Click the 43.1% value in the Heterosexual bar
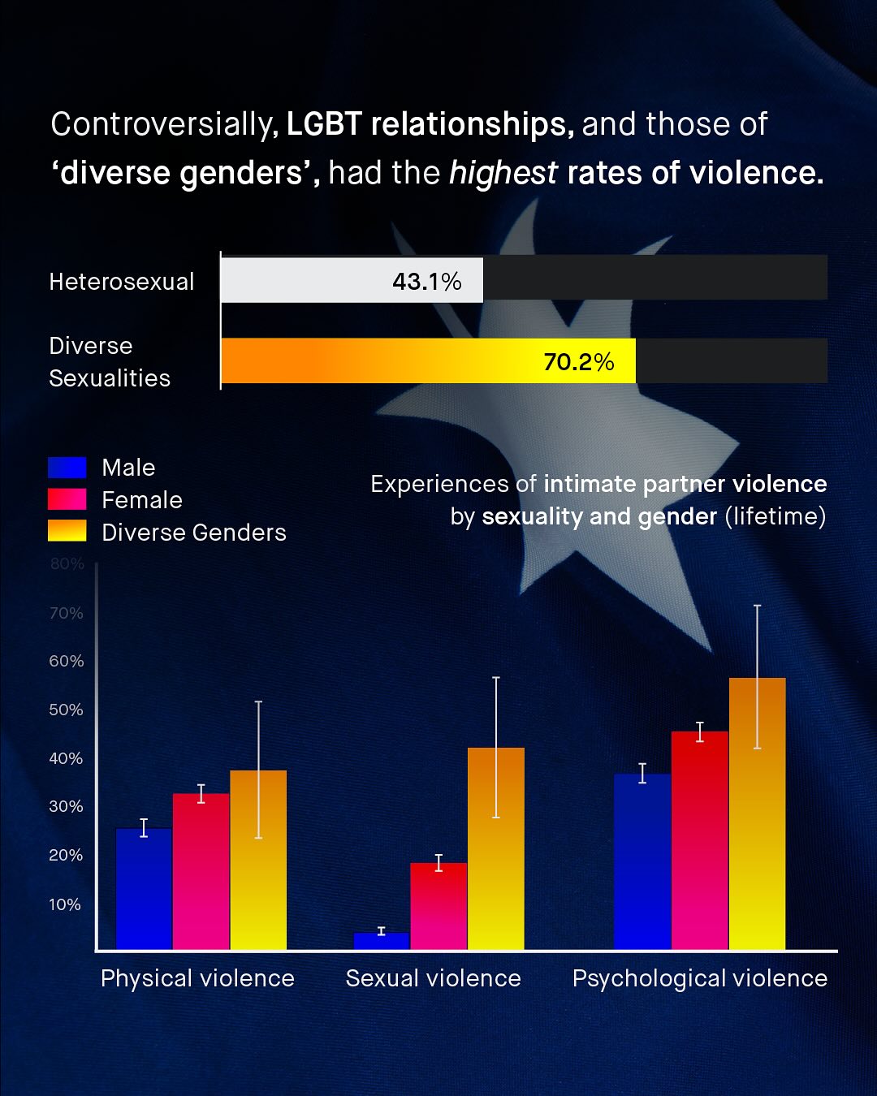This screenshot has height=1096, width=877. tap(426, 281)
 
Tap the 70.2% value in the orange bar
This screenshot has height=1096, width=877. tap(578, 361)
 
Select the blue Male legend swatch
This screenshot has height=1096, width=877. tap(67, 468)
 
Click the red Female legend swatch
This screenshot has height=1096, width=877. tap(67, 499)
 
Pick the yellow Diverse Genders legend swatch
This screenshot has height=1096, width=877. tap(67, 531)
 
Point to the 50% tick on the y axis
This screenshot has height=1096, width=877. tap(66, 710)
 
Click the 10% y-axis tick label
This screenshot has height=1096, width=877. tap(65, 904)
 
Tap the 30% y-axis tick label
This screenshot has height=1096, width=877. tap(66, 806)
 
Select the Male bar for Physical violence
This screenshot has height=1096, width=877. tap(144, 889)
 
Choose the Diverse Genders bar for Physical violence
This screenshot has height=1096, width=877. tap(258, 861)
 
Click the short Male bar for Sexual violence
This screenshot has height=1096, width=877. tap(382, 941)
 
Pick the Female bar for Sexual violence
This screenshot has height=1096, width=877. tap(438, 906)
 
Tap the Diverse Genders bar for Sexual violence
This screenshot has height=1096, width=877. tap(496, 848)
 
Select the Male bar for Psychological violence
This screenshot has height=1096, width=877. tap(642, 861)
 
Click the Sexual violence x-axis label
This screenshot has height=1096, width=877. tap(433, 978)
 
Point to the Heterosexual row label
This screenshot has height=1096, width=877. tap(122, 282)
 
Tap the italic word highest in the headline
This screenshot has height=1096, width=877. tap(503, 173)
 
